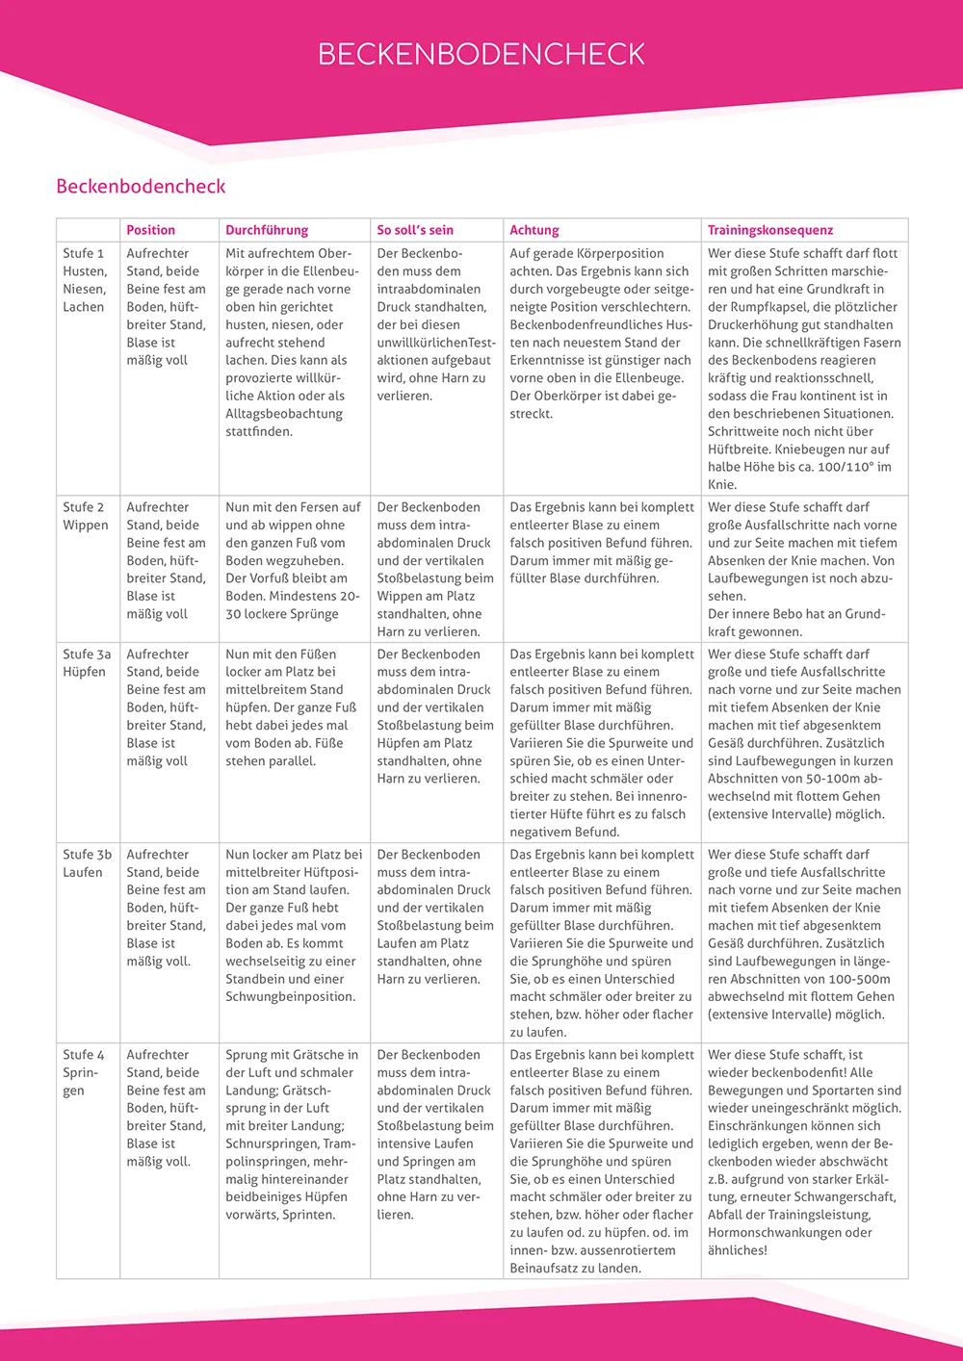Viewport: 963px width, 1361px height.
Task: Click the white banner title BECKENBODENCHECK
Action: tap(481, 54)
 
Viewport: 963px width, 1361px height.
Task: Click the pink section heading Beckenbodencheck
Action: tap(141, 187)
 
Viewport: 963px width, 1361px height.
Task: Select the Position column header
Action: tap(151, 230)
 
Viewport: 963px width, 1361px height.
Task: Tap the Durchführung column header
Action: tap(267, 230)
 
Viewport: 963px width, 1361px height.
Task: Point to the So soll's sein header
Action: tap(415, 230)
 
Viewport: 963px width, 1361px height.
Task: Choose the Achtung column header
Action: tap(534, 230)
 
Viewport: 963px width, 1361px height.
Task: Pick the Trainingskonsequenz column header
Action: tap(770, 230)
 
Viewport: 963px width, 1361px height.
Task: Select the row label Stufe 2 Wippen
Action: tap(86, 516)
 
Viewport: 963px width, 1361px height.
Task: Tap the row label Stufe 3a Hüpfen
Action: tap(87, 663)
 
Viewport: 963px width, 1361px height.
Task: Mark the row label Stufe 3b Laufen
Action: tap(87, 863)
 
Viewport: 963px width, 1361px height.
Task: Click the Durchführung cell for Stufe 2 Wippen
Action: tap(294, 560)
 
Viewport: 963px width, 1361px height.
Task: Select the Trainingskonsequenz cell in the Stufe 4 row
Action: tap(804, 1152)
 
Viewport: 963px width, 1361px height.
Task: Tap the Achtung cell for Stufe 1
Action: tap(601, 333)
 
